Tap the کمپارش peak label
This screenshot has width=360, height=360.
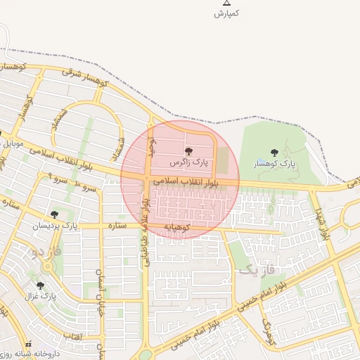[x=227, y=13]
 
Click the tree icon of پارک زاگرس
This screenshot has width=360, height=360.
[x=188, y=151]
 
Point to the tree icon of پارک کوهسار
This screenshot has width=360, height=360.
[x=274, y=152]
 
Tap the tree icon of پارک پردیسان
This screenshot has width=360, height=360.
[x=54, y=214]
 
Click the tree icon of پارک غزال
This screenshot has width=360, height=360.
[x=40, y=285]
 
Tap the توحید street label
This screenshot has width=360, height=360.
[x=150, y=146]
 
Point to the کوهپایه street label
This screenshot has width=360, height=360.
[x=179, y=226]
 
